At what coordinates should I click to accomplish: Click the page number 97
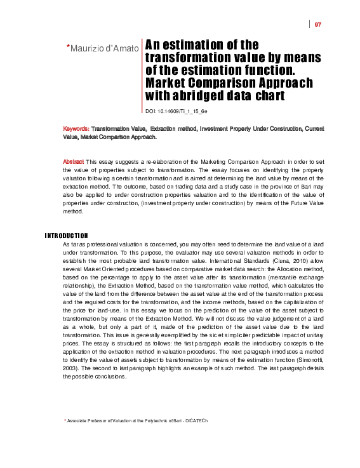[318, 25]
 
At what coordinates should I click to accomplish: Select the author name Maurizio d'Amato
[104, 48]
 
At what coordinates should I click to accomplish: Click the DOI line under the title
[176, 111]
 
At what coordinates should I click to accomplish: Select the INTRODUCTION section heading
[66, 236]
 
